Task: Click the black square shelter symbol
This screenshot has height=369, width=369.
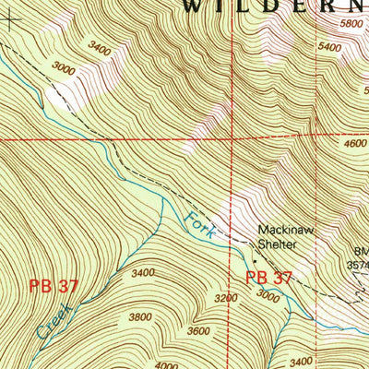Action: pos(256,261)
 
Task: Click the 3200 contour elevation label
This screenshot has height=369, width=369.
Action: pos(227,298)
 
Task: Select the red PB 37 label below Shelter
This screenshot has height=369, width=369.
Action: pos(269,277)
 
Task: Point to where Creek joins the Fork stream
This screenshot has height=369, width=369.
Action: pos(163,196)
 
